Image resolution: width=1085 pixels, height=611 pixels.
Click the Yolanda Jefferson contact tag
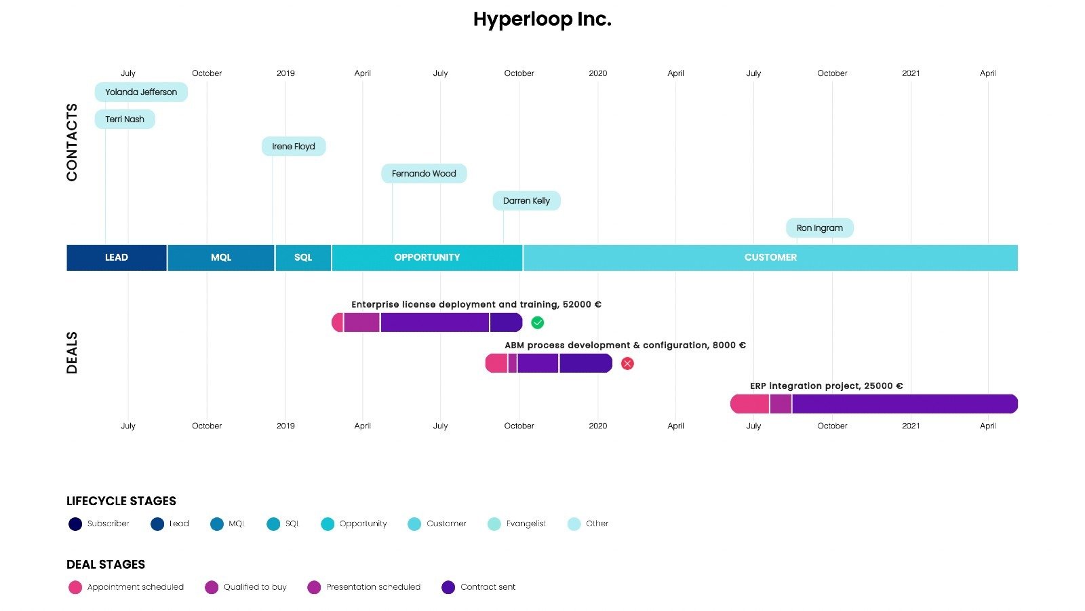pyautogui.click(x=141, y=92)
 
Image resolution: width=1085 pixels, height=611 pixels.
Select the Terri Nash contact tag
pyautogui.click(x=125, y=119)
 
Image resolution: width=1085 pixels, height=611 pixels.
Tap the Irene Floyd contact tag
pyautogui.click(x=294, y=147)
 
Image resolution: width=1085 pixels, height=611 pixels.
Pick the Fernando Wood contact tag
pyautogui.click(x=424, y=174)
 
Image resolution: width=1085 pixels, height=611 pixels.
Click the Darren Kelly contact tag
pyautogui.click(x=526, y=201)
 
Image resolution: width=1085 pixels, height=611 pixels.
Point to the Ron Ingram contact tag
pyautogui.click(x=819, y=228)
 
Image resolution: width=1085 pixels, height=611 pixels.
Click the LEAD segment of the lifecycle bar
pyautogui.click(x=117, y=258)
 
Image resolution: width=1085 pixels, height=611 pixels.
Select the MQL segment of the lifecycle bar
pyautogui.click(x=221, y=258)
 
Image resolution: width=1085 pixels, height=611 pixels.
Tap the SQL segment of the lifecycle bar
pyautogui.click(x=303, y=258)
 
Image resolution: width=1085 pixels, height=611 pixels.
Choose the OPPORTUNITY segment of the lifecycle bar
pyautogui.click(x=427, y=258)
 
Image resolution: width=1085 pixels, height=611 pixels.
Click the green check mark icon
pyautogui.click(x=538, y=323)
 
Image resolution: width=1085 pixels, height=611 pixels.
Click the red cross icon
pyautogui.click(x=628, y=364)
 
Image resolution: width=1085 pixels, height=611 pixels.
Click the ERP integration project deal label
pyautogui.click(x=826, y=386)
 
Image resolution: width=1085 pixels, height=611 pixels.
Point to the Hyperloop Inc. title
pyautogui.click(x=542, y=20)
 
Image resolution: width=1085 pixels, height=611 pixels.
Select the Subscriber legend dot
pyautogui.click(x=75, y=524)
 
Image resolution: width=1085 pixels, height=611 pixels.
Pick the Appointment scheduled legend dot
pyautogui.click(x=75, y=587)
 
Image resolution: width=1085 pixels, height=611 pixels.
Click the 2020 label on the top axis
pyautogui.click(x=597, y=73)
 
